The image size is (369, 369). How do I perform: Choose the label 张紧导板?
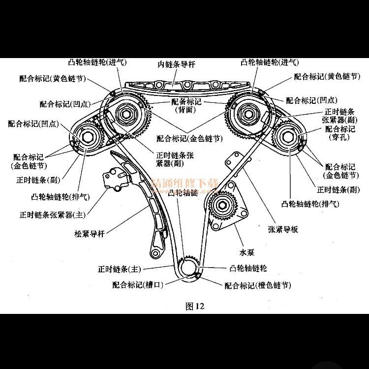(x=283, y=229)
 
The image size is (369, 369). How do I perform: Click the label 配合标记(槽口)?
(x=138, y=284)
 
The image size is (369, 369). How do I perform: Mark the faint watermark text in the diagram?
(x=184, y=183)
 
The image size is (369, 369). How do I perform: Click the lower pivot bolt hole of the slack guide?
(x=155, y=253)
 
